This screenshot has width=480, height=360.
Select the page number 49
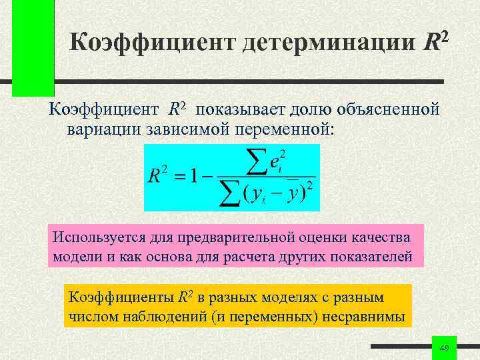coord(445,349)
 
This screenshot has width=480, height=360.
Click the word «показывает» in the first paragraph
coord(236,108)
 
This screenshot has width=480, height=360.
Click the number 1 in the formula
coord(193,177)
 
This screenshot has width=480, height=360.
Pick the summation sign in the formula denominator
coord(227,193)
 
